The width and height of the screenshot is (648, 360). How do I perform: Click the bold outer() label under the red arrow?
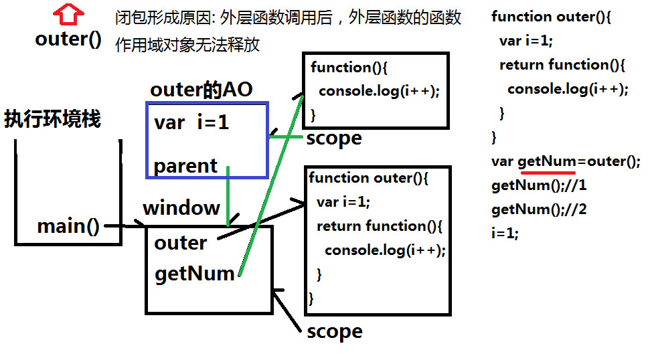(x=68, y=39)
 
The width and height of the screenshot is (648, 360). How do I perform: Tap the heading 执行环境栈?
(x=52, y=119)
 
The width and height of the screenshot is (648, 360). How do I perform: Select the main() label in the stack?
(x=68, y=226)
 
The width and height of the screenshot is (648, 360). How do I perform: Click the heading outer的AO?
(x=201, y=90)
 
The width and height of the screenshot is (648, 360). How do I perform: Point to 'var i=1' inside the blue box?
(x=191, y=122)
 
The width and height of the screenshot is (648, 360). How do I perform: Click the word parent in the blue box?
(x=185, y=166)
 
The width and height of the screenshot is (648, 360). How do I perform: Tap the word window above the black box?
(x=181, y=207)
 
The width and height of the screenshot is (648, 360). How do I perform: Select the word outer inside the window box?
(x=180, y=242)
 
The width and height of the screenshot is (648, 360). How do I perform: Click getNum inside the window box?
(x=194, y=273)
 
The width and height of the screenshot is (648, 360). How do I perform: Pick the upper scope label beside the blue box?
(x=333, y=139)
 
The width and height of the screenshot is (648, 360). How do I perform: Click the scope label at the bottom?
(x=334, y=332)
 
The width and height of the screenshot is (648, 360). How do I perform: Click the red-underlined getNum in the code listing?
(x=546, y=161)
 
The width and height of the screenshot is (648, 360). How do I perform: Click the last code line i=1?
(x=505, y=234)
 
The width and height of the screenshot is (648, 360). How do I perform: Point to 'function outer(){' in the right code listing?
(x=551, y=17)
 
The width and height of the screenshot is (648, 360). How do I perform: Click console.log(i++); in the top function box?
(x=379, y=91)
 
